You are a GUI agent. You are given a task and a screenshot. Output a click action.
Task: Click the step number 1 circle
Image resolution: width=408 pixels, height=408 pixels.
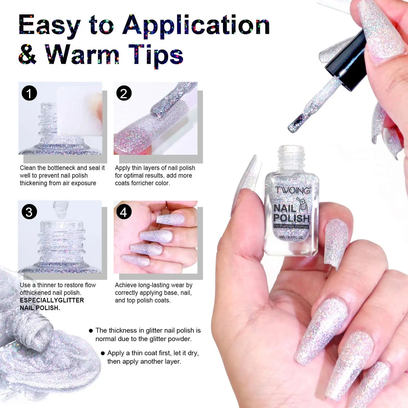click(29, 93)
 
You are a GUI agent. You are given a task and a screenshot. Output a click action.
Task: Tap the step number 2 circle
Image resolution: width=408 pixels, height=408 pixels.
click(124, 93)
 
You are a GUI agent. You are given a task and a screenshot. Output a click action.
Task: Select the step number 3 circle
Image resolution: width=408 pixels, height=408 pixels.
click(29, 212)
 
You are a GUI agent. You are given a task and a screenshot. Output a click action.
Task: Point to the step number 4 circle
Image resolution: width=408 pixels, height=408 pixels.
click(124, 212)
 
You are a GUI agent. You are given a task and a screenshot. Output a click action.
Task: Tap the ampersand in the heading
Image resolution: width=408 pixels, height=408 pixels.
click(27, 54)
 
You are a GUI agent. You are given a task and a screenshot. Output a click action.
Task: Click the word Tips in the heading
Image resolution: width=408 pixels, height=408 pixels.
click(156, 55)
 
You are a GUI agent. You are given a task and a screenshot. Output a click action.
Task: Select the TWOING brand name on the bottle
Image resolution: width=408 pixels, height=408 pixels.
click(293, 190)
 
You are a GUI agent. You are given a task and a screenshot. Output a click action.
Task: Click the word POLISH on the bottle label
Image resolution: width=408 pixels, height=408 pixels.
click(291, 218)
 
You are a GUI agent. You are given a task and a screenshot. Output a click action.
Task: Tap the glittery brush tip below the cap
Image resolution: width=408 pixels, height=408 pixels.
click(295, 124)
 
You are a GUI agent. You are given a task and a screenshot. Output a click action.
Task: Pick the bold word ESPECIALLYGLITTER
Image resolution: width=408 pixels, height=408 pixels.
click(52, 300)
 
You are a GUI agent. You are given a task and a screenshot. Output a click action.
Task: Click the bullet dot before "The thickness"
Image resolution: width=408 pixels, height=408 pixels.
click(91, 331)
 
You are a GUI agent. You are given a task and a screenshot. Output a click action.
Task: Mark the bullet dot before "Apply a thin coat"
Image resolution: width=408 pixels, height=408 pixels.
click(103, 353)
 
